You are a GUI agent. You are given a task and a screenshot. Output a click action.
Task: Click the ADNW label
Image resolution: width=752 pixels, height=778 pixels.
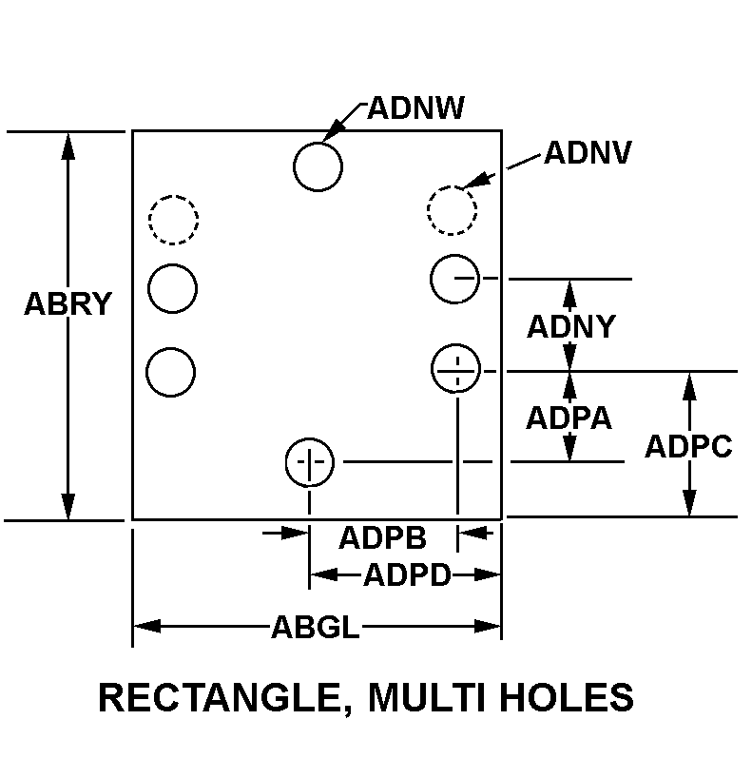click(415, 108)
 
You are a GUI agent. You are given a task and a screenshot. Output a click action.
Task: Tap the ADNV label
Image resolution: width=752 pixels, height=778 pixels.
click(587, 153)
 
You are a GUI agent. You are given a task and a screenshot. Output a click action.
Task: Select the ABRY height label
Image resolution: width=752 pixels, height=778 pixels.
click(68, 304)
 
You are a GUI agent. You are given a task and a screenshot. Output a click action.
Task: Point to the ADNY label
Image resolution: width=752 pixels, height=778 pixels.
click(570, 326)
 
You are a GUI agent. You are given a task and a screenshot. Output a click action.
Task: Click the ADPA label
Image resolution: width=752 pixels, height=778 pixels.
click(569, 418)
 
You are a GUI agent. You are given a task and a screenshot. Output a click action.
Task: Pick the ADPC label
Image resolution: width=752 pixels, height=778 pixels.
click(688, 446)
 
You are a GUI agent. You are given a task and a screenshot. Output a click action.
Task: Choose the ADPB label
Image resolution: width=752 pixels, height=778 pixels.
click(382, 536)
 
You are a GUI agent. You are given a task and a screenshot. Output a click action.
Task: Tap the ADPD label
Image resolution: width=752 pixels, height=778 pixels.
click(406, 574)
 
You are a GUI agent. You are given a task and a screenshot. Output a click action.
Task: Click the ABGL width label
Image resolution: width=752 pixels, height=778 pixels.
click(316, 627)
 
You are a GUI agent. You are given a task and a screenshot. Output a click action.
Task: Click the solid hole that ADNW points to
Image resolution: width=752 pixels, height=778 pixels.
click(318, 166)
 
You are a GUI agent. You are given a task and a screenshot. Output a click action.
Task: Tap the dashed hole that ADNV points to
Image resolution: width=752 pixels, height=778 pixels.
click(452, 208)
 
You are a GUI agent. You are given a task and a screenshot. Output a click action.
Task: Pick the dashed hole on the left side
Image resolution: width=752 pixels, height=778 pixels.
click(173, 219)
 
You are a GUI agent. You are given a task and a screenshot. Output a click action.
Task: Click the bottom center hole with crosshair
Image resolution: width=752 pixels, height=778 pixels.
click(309, 462)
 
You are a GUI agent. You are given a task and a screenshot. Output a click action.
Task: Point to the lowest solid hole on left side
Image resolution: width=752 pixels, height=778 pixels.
click(172, 371)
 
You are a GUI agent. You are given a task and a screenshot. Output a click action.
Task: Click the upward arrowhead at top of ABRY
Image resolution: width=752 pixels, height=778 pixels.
click(68, 144)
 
